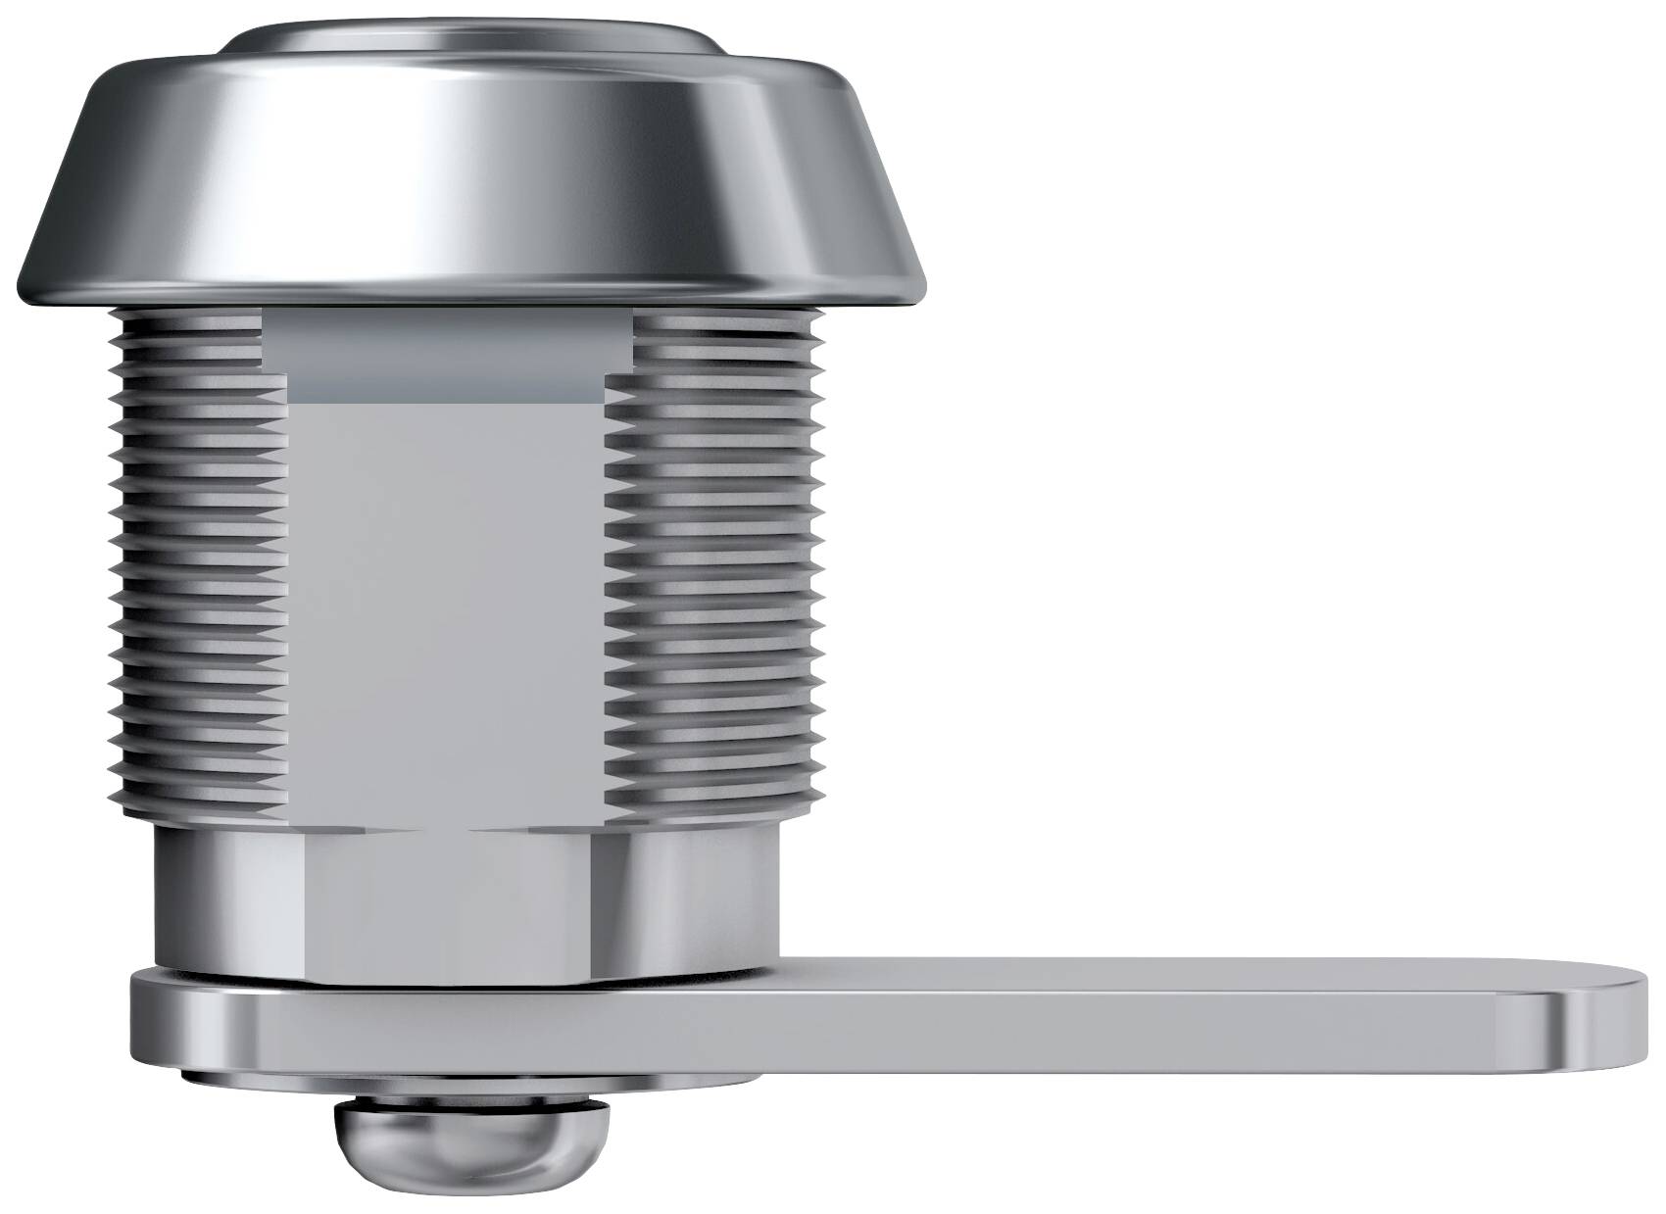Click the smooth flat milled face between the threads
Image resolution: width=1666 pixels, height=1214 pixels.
point(446,607)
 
